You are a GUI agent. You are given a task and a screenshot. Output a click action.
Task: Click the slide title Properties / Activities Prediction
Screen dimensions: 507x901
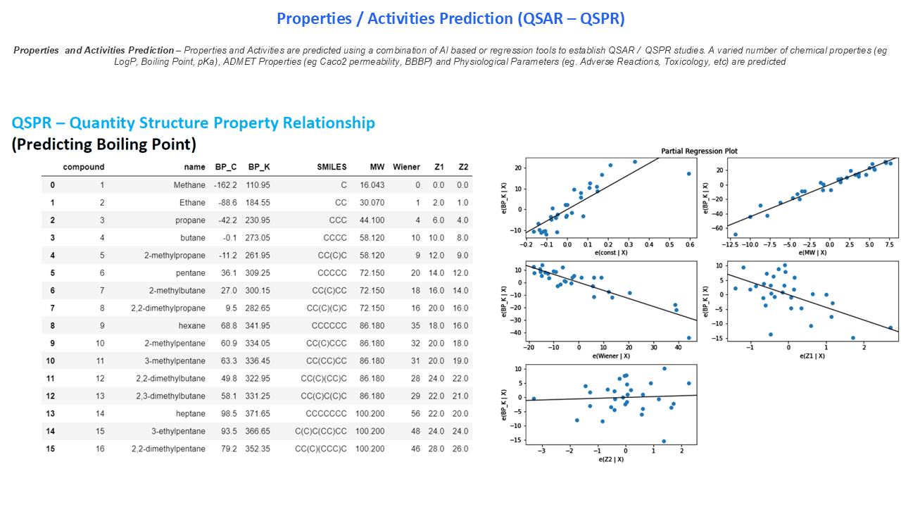click(x=450, y=18)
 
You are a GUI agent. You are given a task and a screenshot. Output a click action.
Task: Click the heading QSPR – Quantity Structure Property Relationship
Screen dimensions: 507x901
click(x=193, y=123)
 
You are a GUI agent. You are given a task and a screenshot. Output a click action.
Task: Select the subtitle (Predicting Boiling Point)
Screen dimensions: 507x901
click(x=103, y=144)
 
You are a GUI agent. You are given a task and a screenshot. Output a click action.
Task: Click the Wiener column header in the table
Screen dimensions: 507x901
click(x=406, y=167)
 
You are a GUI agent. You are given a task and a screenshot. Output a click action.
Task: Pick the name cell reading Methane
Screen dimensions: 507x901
click(x=189, y=185)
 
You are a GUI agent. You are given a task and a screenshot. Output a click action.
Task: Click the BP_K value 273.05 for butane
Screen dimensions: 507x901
click(x=258, y=238)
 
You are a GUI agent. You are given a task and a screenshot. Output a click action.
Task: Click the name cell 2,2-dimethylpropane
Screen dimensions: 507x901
click(x=168, y=308)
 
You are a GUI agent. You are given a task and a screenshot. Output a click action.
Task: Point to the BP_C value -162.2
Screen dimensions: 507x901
click(x=225, y=185)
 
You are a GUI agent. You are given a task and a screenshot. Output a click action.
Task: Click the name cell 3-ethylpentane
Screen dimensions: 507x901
click(x=177, y=432)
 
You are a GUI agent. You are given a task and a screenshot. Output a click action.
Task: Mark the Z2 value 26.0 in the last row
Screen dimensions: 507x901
click(x=461, y=449)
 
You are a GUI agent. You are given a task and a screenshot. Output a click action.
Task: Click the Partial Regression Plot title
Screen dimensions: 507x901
click(x=699, y=151)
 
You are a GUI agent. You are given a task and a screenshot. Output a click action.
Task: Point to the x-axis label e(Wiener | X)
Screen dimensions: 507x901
click(x=611, y=356)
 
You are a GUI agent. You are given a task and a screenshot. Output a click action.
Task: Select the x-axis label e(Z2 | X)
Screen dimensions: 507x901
click(x=611, y=459)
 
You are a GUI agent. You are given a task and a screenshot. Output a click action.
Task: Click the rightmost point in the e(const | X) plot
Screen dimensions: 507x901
click(x=688, y=173)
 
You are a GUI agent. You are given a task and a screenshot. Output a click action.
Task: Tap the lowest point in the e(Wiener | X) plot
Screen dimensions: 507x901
click(x=688, y=337)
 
